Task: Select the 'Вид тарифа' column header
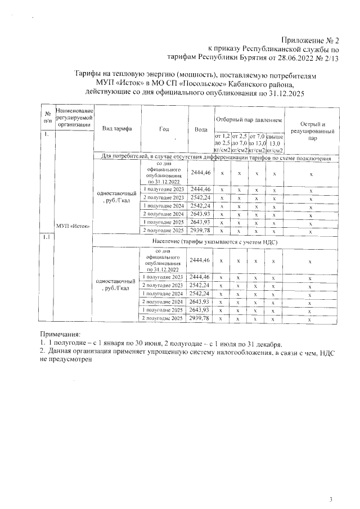point(117,129)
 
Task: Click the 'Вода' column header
point(200,129)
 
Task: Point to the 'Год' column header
point(164,129)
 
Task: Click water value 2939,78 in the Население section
point(200,318)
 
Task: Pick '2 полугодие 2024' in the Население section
point(163,302)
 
